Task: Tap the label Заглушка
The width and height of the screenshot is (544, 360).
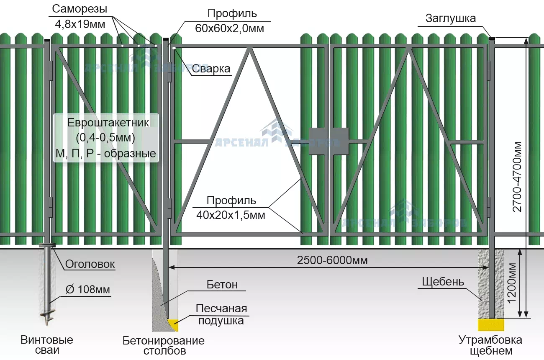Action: (x=450, y=18)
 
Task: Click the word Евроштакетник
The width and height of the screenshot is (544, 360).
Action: (x=108, y=123)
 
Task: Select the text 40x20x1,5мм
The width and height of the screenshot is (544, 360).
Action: (x=231, y=215)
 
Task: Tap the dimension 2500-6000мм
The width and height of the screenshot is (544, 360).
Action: (x=332, y=260)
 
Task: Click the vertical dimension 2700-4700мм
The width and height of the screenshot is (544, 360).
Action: (x=518, y=176)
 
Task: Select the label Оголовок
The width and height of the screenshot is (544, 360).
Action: (x=90, y=265)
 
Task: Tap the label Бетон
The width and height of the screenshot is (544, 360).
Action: (x=222, y=285)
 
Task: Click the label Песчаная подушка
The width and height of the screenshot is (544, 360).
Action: (x=221, y=315)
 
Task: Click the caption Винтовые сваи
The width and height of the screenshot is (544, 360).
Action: (x=47, y=345)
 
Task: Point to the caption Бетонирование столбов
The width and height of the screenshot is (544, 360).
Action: (x=164, y=345)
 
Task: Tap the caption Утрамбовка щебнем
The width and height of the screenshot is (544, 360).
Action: (x=490, y=345)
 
